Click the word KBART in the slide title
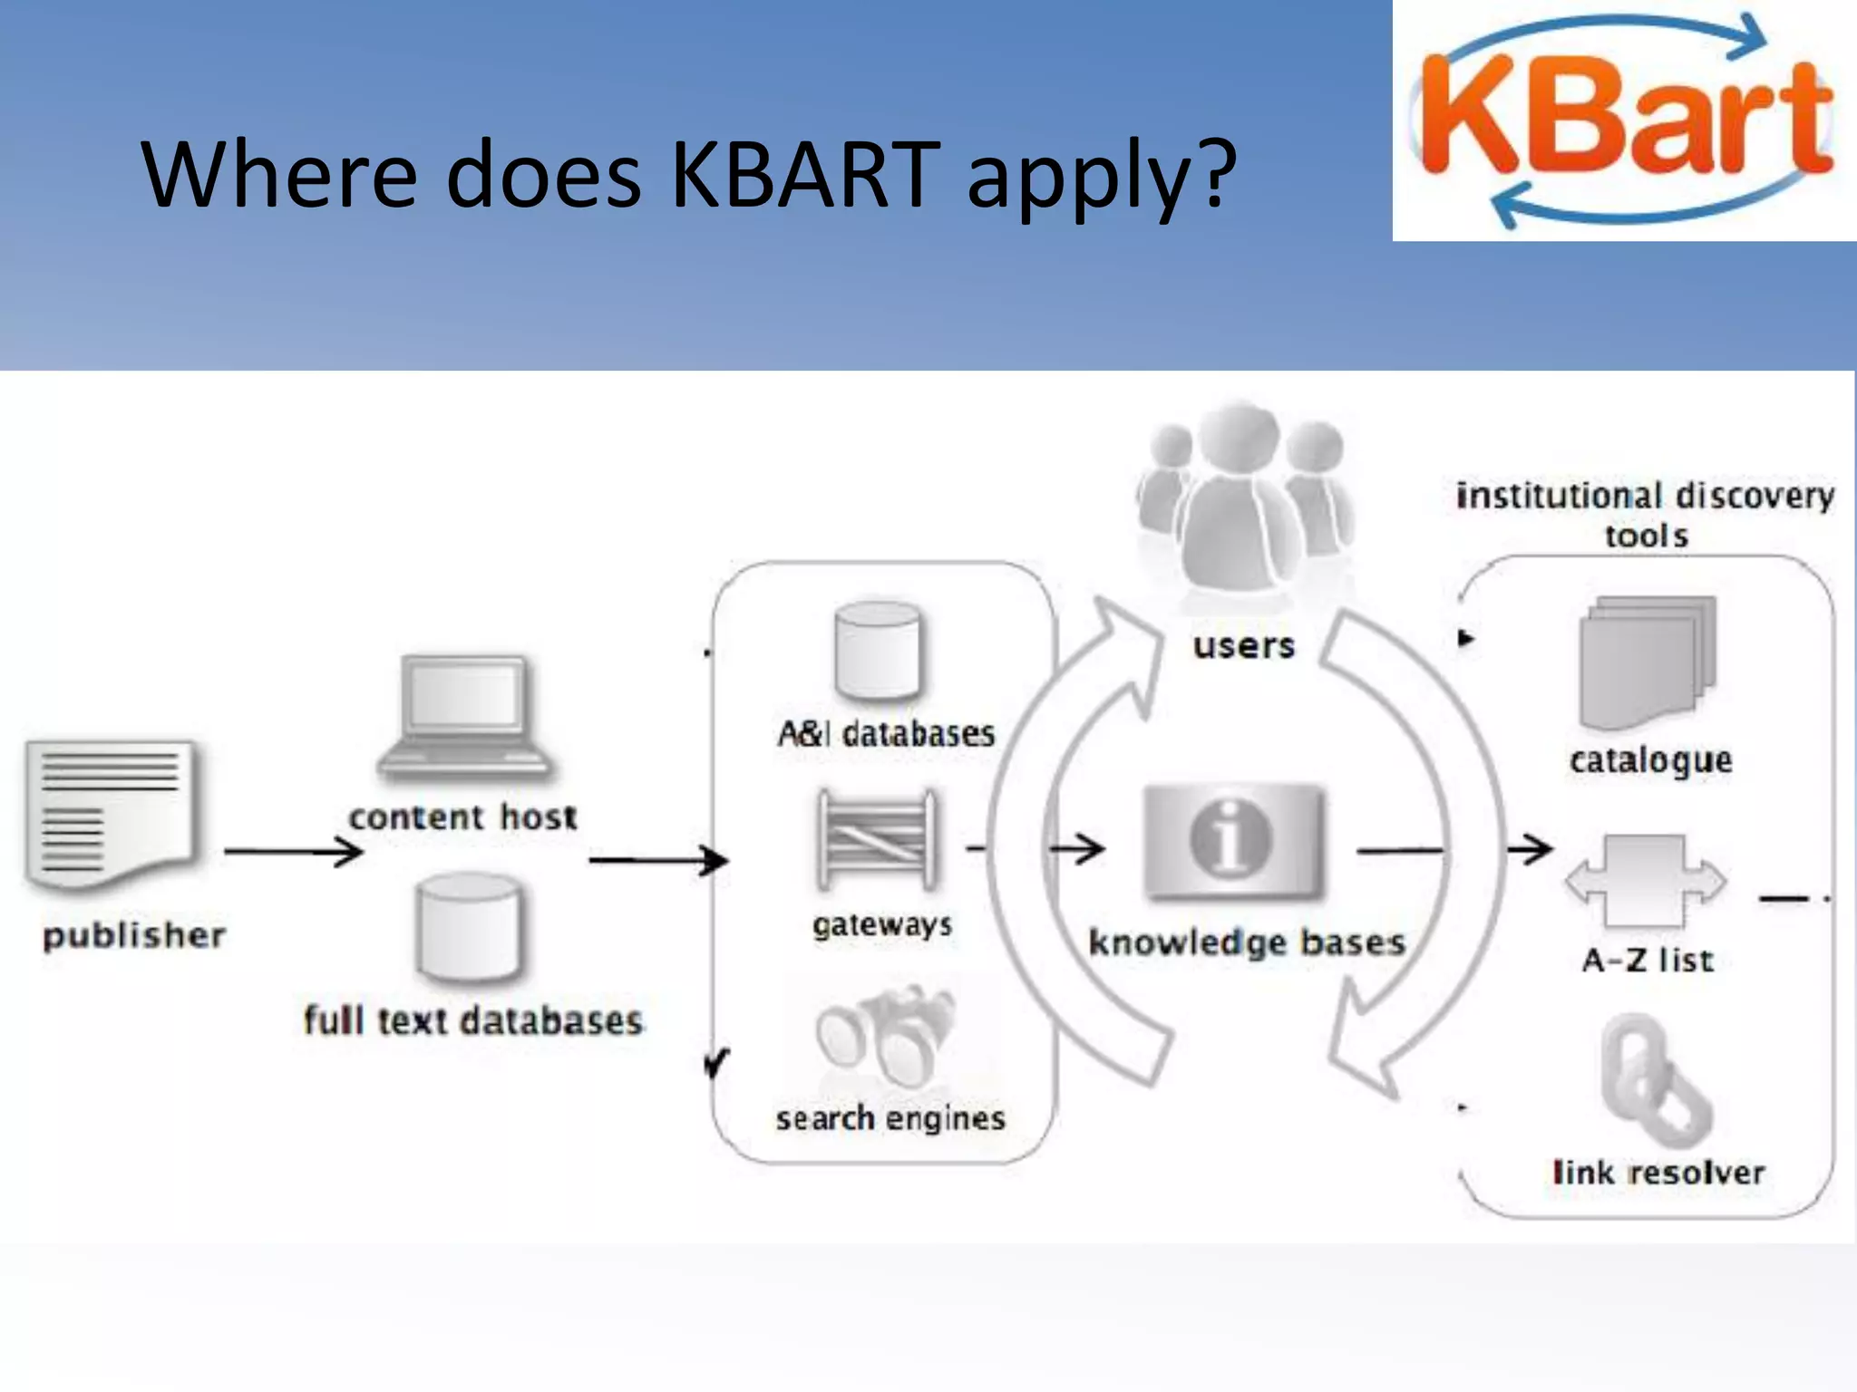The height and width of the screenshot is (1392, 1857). [803, 174]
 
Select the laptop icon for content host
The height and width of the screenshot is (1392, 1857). [465, 719]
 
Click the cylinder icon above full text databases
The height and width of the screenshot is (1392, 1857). [469, 928]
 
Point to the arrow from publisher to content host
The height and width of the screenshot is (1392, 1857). [293, 852]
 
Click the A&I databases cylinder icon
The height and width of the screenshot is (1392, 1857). [877, 652]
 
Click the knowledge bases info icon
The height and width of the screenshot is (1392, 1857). [1231, 840]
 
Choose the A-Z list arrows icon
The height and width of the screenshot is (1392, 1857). [1646, 881]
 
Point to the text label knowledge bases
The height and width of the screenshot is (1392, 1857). [1247, 942]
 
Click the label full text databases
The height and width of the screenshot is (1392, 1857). [472, 1020]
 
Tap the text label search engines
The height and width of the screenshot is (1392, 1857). [890, 1119]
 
